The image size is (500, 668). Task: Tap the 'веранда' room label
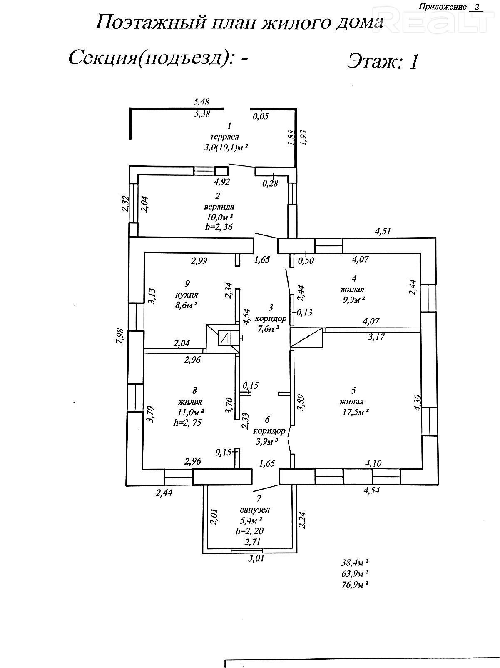(219, 207)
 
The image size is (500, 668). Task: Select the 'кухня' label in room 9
(187, 295)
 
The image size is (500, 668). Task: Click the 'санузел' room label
(254, 510)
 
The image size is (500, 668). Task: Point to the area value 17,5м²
(355, 412)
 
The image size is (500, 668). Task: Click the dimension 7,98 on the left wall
(121, 336)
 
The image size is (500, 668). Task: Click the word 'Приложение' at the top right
(442, 7)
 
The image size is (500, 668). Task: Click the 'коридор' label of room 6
(269, 430)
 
